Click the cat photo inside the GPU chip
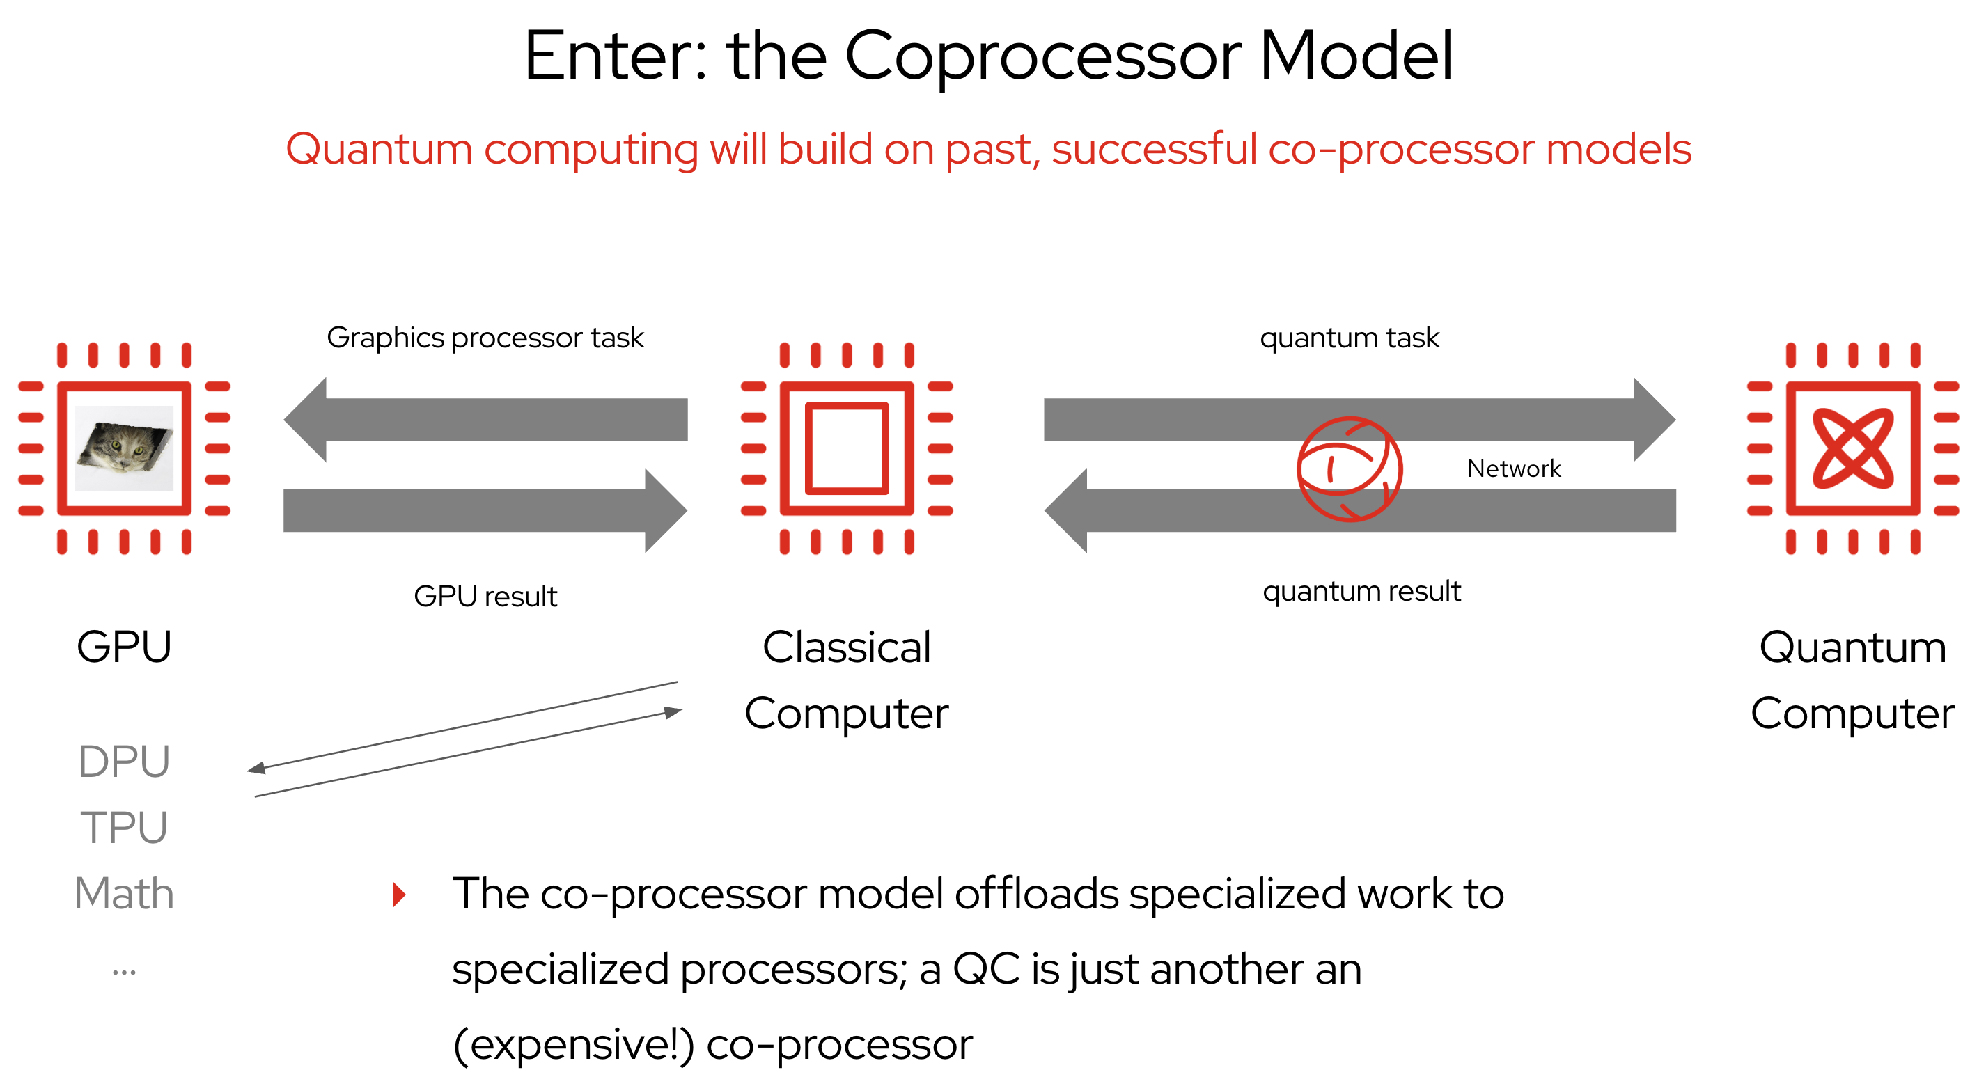point(124,448)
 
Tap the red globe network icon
point(1350,469)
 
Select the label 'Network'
point(1513,469)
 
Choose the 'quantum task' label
point(1350,338)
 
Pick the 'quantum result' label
point(1361,591)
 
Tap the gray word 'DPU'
point(124,762)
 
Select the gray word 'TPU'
point(124,828)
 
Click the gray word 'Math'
point(124,894)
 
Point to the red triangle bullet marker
point(398,895)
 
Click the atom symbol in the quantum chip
point(1852,448)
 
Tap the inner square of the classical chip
point(847,448)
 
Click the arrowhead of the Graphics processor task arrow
point(306,419)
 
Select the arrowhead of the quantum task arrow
point(1654,419)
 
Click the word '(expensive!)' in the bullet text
point(574,1045)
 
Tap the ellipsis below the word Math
point(124,973)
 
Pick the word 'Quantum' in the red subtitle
point(379,149)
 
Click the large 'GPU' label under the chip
point(124,647)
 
